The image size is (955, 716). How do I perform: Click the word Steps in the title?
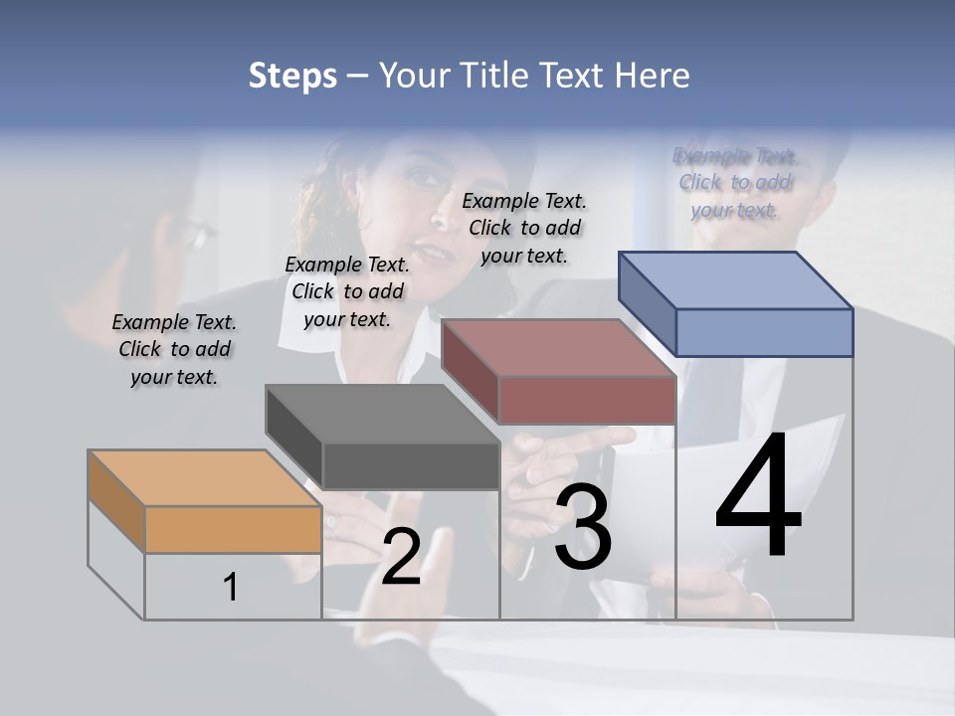292,76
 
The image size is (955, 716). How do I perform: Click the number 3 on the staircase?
583,527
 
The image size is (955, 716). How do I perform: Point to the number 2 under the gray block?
401,557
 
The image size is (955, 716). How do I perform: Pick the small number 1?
231,588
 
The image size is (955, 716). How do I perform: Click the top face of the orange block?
204,478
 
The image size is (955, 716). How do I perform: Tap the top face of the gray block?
382,413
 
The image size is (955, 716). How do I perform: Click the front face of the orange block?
233,529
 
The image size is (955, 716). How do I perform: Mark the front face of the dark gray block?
411,465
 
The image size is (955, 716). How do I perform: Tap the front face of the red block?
587,400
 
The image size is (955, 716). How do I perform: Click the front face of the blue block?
764,332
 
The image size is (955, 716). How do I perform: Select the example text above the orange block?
174,349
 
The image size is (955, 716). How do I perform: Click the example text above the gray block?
346,291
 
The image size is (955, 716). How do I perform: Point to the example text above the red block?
524,228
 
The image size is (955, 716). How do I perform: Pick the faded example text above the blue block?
734,182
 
